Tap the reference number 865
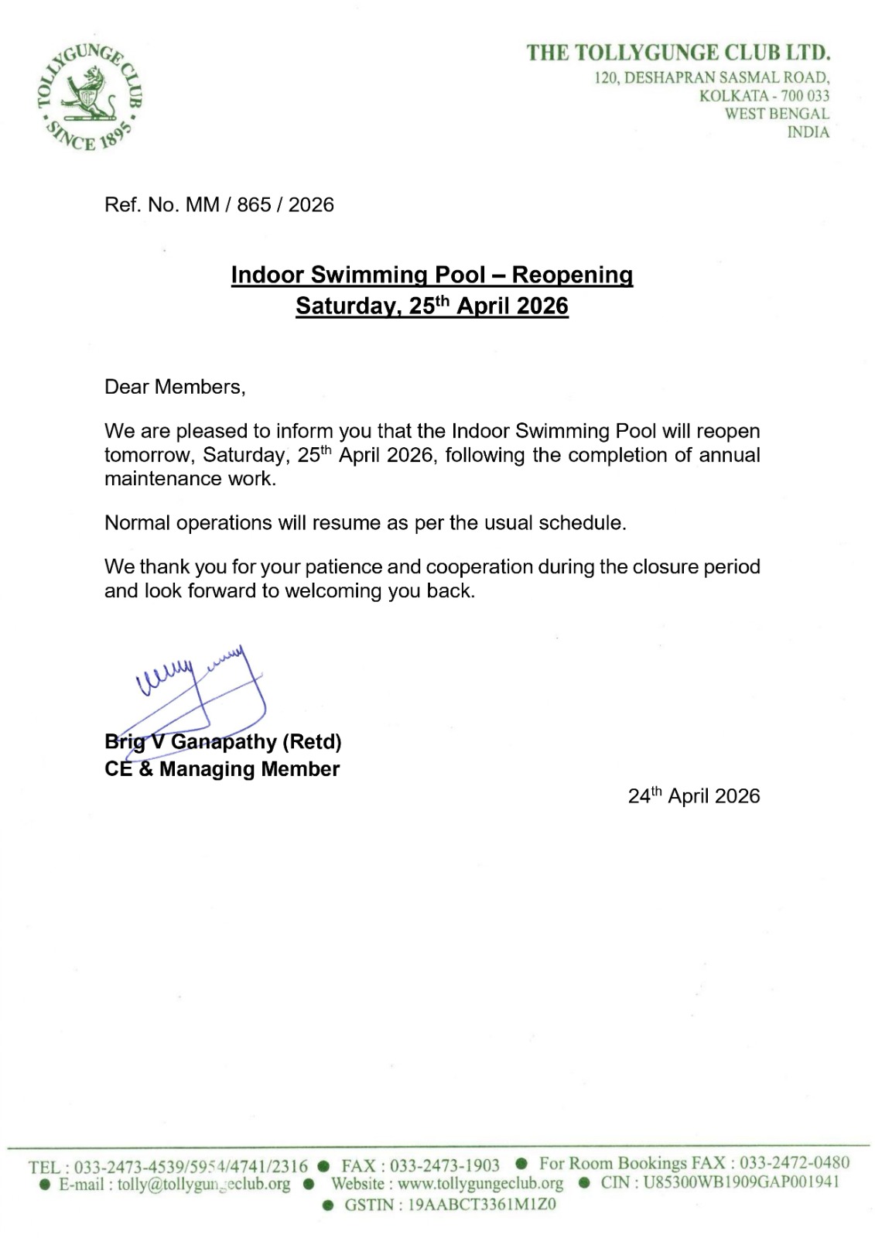coord(254,205)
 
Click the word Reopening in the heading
coord(573,275)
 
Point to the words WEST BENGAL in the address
coord(777,114)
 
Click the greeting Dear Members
coord(175,387)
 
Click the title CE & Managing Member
coord(222,769)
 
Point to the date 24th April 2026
coord(694,796)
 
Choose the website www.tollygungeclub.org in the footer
coord(480,1184)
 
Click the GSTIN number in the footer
coord(481,1205)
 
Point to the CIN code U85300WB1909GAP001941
coord(741,1182)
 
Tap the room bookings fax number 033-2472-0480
coord(795,1163)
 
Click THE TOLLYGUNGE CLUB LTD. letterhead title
coord(678,53)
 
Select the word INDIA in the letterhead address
coord(808,132)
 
